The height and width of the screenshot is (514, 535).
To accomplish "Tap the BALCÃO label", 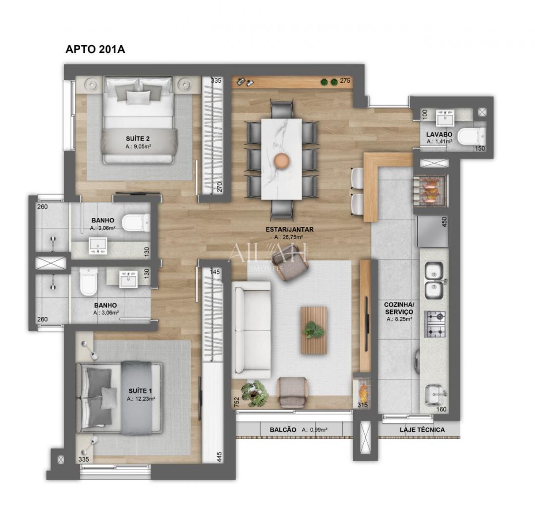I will tap(284, 430).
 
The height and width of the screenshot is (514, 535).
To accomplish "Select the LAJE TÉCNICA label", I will tap(422, 430).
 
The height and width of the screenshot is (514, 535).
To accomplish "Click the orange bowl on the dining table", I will tap(281, 160).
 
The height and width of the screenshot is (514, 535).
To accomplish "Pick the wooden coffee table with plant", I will tap(314, 330).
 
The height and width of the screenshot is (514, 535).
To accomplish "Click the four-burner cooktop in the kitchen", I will tap(436, 324).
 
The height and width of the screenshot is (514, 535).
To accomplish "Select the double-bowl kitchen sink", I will tap(434, 280).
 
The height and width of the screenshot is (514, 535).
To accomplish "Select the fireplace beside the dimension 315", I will tap(363, 390).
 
